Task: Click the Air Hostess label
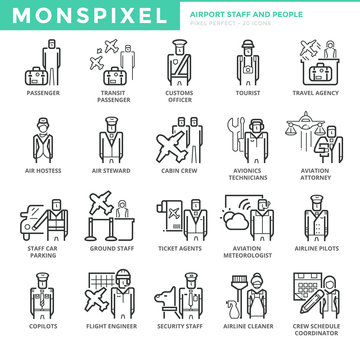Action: [x=43, y=170]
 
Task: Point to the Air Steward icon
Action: [x=110, y=140]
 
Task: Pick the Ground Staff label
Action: [x=110, y=248]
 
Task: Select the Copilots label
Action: [x=43, y=324]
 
